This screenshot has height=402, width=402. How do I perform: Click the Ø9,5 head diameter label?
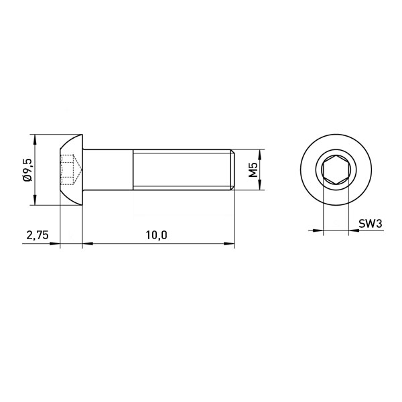tap(27, 170)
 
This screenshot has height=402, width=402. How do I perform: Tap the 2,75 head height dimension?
tap(38, 235)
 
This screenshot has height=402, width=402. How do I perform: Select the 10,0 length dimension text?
tap(156, 235)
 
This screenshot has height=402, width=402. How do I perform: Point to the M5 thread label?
tap(253, 170)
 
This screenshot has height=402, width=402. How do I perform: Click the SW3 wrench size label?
tap(371, 224)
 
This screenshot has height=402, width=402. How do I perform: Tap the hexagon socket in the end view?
tap(336, 170)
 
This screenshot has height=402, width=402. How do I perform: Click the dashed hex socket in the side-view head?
tap(71, 170)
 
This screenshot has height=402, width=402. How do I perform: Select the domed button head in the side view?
tap(72, 170)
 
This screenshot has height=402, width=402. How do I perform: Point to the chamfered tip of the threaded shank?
tap(232, 170)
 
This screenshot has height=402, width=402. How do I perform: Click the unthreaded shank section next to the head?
tap(108, 170)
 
